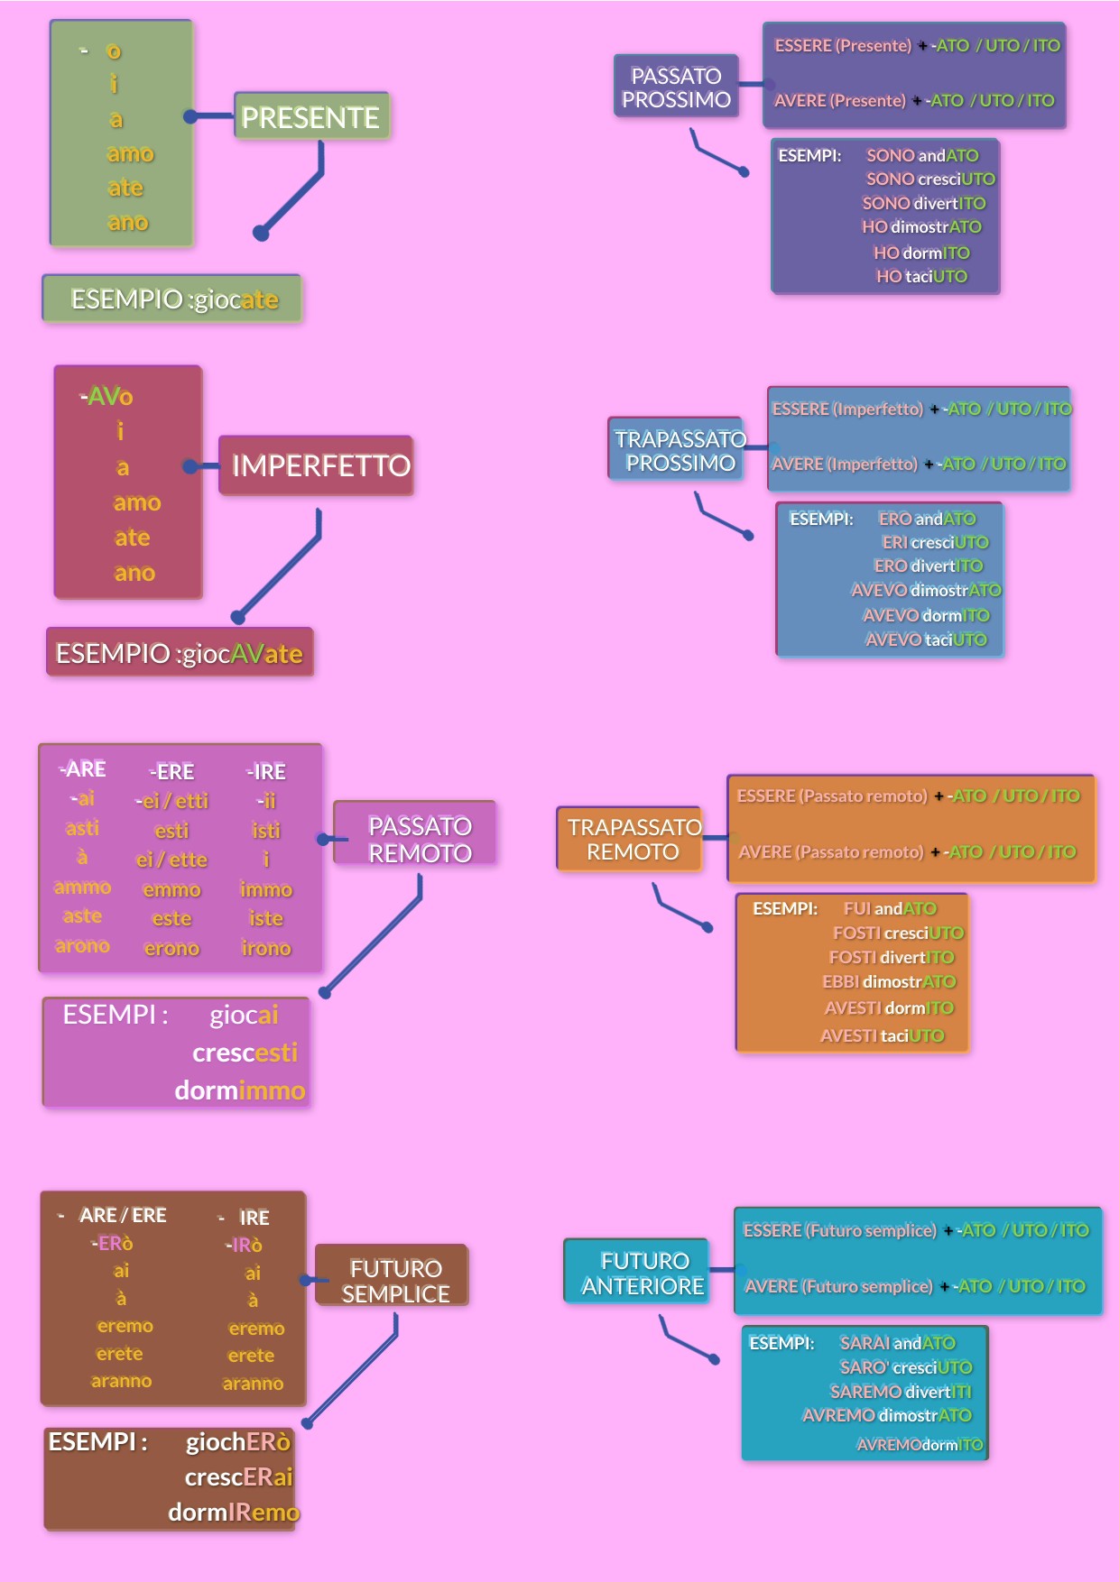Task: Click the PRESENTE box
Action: [311, 116]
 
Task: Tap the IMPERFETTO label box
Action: [316, 465]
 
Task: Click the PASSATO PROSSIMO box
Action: [676, 87]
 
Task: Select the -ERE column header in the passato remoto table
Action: [171, 772]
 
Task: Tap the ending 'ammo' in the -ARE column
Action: [82, 888]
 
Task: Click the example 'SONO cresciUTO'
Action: [930, 179]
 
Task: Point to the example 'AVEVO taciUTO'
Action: [926, 639]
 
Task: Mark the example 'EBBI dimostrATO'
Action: [889, 981]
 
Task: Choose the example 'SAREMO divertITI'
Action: [901, 1392]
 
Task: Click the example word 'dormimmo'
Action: [240, 1090]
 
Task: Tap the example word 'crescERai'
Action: [239, 1476]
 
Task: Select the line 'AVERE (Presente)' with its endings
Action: [913, 101]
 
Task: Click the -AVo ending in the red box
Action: [106, 397]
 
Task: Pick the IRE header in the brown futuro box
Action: [254, 1218]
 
